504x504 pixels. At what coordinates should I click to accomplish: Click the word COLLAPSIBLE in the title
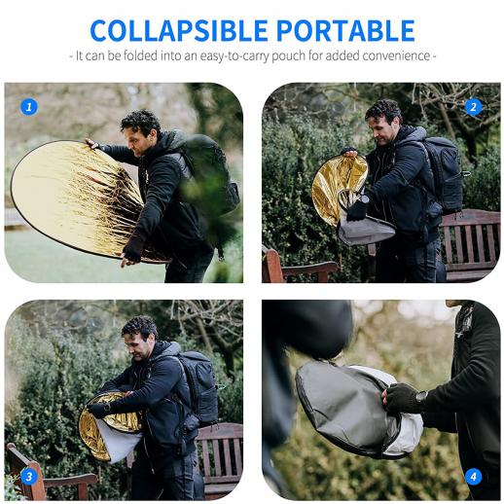click(x=179, y=31)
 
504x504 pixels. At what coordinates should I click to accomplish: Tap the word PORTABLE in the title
click(x=345, y=31)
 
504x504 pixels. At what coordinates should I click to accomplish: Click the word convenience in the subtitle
click(x=396, y=55)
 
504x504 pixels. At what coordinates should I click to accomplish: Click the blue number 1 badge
click(x=29, y=107)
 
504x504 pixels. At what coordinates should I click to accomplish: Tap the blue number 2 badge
click(x=473, y=107)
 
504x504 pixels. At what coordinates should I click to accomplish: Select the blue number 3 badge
click(x=29, y=477)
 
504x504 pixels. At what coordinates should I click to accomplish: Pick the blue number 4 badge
click(x=473, y=477)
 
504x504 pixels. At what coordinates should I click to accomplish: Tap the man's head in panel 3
click(x=139, y=338)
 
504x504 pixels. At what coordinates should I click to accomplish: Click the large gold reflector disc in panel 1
click(x=78, y=198)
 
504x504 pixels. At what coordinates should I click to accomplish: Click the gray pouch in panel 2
click(x=365, y=230)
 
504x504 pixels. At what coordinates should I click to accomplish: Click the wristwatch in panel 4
click(x=420, y=397)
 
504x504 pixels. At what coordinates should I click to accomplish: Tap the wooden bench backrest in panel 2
click(x=470, y=238)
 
